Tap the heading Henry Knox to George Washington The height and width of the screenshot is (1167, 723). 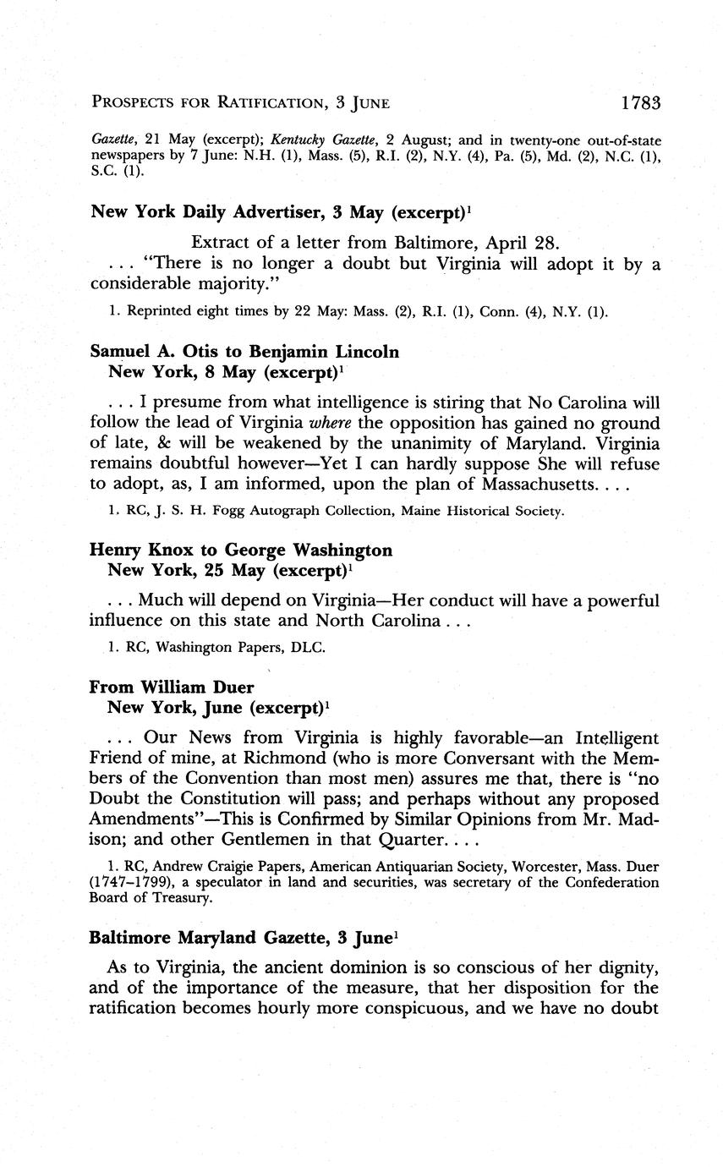point(241,551)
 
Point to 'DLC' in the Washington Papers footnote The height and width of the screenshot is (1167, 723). point(309,648)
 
